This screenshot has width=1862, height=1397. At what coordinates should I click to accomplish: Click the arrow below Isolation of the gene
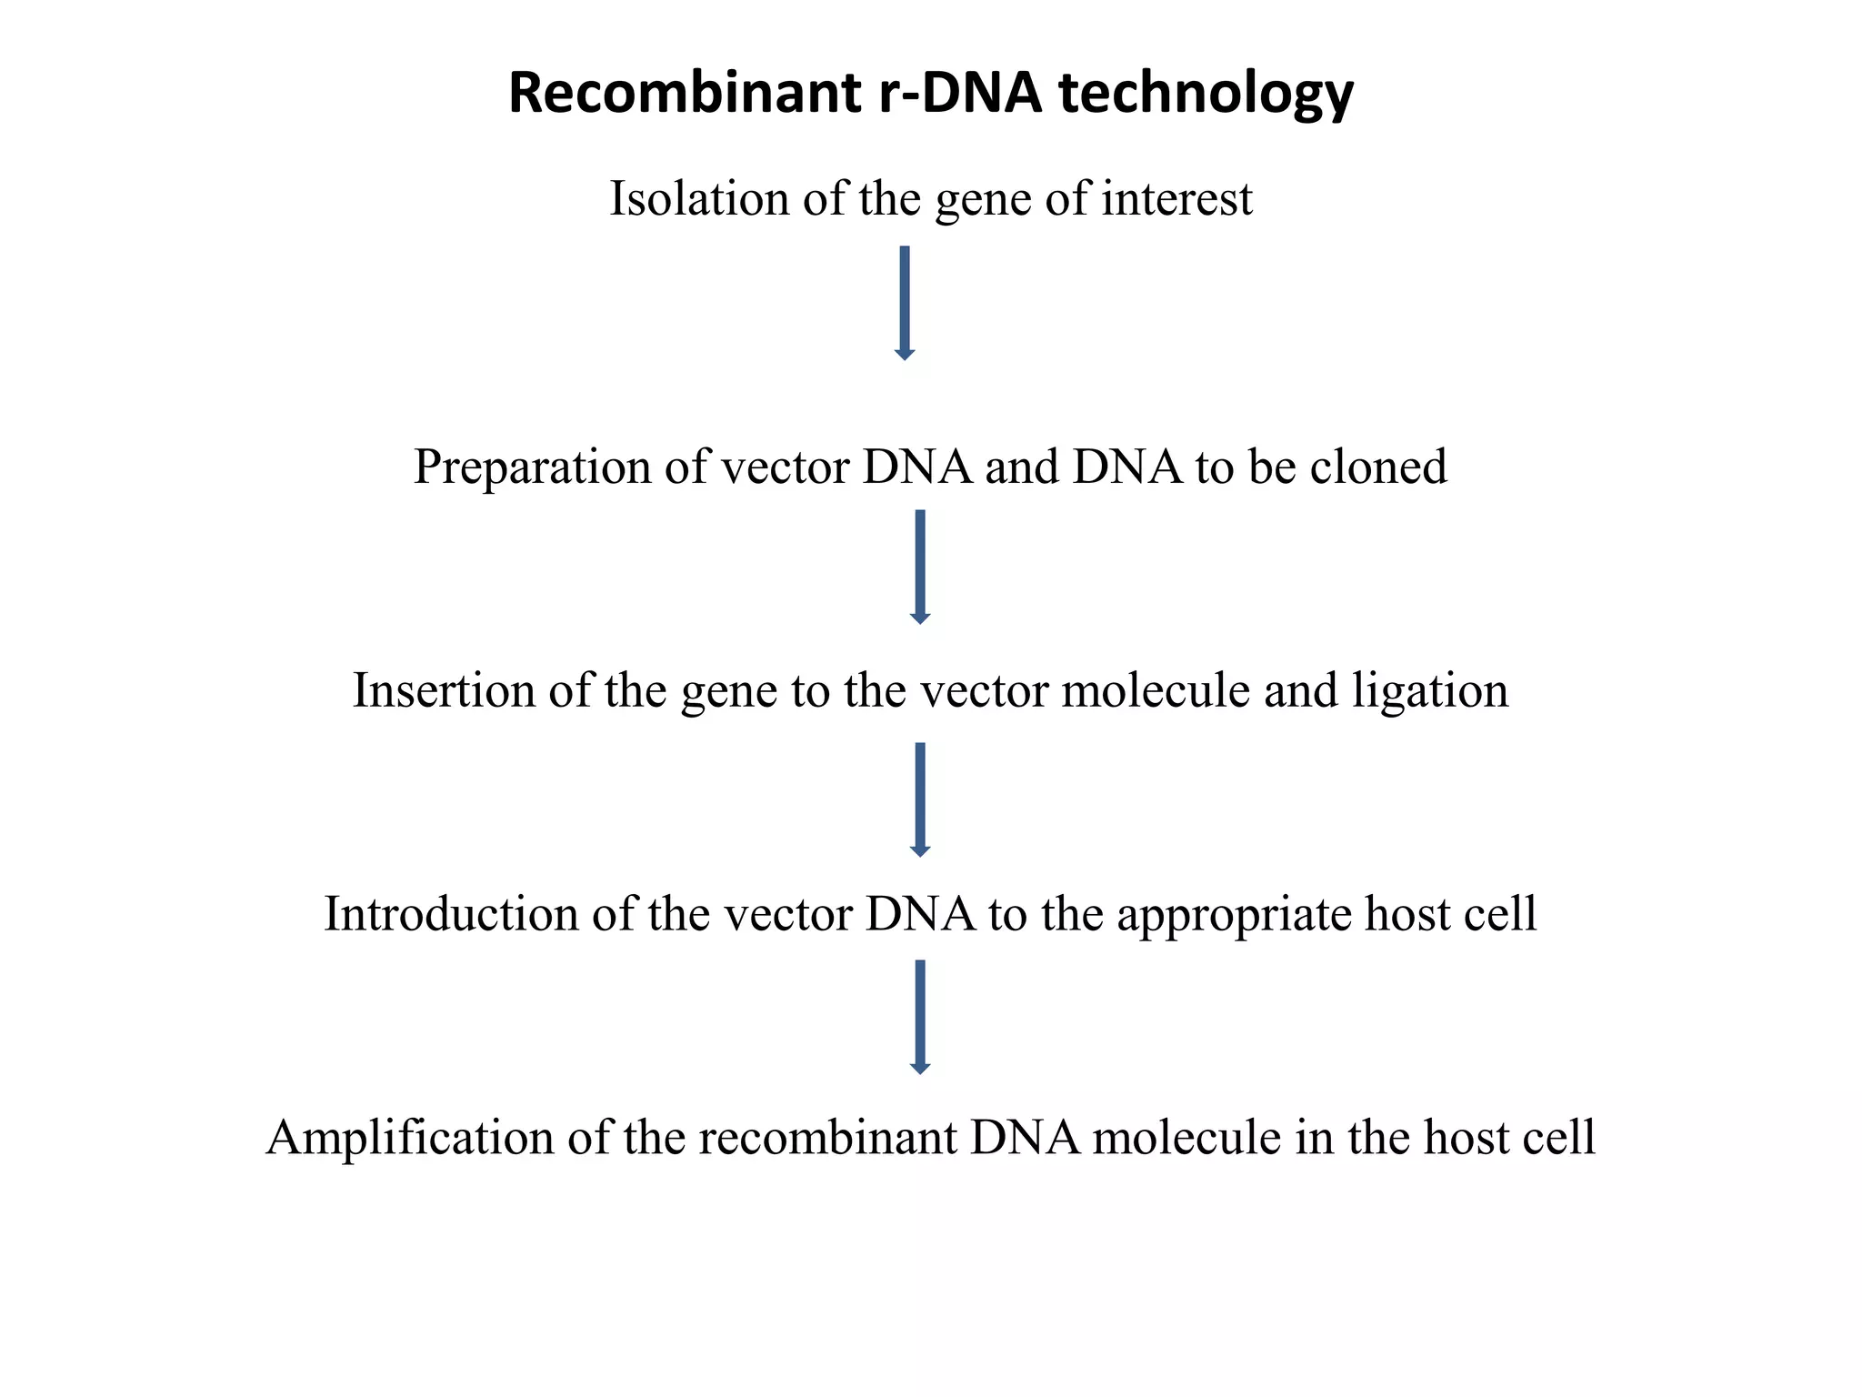click(904, 302)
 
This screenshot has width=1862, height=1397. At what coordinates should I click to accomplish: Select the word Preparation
click(532, 467)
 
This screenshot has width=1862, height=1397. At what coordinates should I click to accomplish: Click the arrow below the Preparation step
click(919, 566)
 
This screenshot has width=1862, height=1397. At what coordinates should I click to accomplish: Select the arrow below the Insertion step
click(919, 799)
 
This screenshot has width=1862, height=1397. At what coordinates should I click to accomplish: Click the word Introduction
click(451, 913)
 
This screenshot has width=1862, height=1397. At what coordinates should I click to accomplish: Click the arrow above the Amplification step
click(919, 1016)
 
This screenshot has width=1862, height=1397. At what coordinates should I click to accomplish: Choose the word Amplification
click(409, 1138)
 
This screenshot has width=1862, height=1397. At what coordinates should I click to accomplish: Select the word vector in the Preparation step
click(785, 467)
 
